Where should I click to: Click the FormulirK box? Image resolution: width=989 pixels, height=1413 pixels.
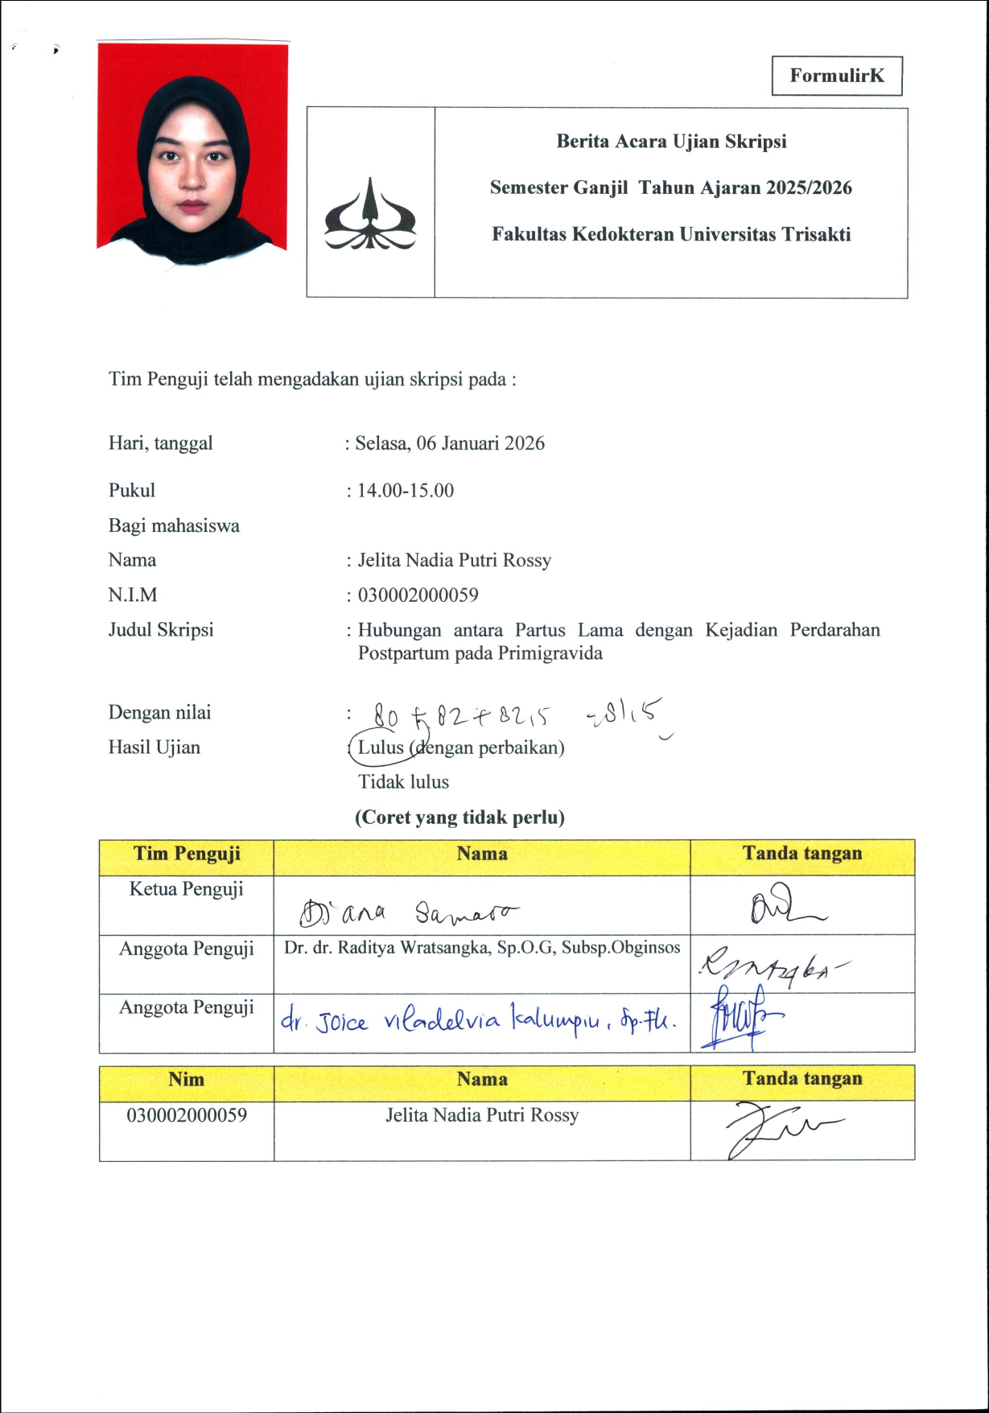coord(837,76)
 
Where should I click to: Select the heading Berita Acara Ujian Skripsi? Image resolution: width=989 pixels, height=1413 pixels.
coord(671,142)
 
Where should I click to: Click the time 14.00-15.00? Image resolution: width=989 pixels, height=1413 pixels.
coord(406,491)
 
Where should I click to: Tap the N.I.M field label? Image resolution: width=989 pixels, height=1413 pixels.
coord(133,595)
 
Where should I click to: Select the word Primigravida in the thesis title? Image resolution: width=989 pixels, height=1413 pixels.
coord(550,653)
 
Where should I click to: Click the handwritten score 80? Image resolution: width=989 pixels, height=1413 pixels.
coord(385,715)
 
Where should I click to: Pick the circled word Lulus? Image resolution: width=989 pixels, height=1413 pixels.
coord(381,748)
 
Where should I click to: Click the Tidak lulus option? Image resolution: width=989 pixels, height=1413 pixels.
coord(403,782)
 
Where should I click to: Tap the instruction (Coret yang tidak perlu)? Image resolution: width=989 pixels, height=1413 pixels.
coord(459,818)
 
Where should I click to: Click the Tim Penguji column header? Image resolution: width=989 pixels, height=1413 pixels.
coord(187,854)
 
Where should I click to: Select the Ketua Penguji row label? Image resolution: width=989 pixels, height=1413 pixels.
coord(187,889)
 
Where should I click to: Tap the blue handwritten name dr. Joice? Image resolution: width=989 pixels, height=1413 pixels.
coord(324,1022)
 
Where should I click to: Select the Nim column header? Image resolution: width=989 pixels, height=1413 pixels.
coord(186,1080)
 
